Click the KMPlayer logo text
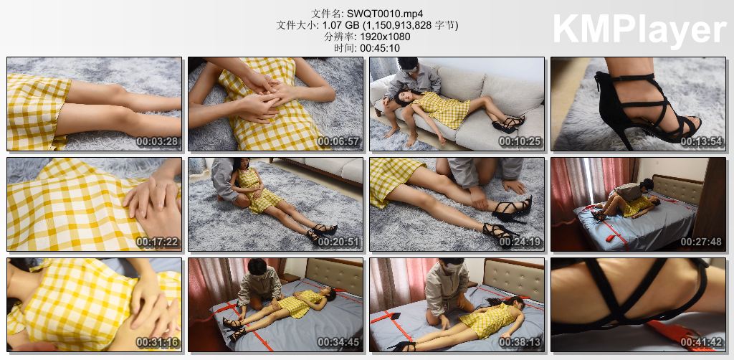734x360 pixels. [639, 29]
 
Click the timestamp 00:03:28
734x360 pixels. [158, 142]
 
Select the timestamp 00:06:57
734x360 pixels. [339, 142]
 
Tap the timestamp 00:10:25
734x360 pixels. [520, 142]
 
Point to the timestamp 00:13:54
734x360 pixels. [702, 142]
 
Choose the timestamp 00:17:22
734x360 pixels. [158, 242]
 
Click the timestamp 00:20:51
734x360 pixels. [339, 242]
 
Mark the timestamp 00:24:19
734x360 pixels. [520, 242]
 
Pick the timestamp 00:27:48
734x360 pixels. [702, 242]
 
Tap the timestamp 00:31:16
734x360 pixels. [158, 343]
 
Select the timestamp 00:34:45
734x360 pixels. [339, 343]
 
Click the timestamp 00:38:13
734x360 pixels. [520, 343]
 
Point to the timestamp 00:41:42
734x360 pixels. [702, 343]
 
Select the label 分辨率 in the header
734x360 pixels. [335, 37]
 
